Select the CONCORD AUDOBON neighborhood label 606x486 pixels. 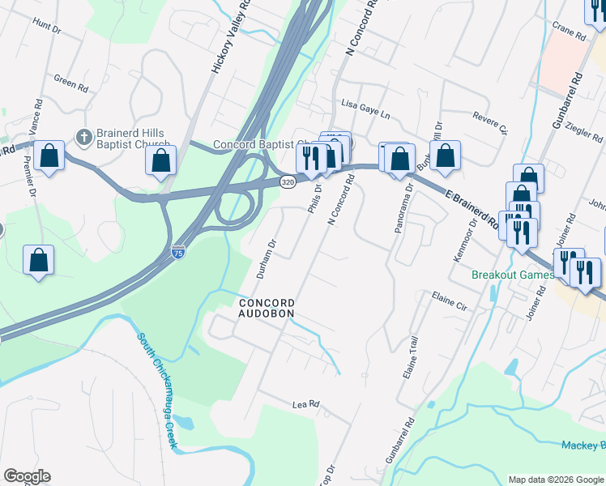266,308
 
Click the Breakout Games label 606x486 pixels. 513,275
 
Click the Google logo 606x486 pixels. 27,476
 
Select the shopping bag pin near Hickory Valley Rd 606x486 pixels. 161,160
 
